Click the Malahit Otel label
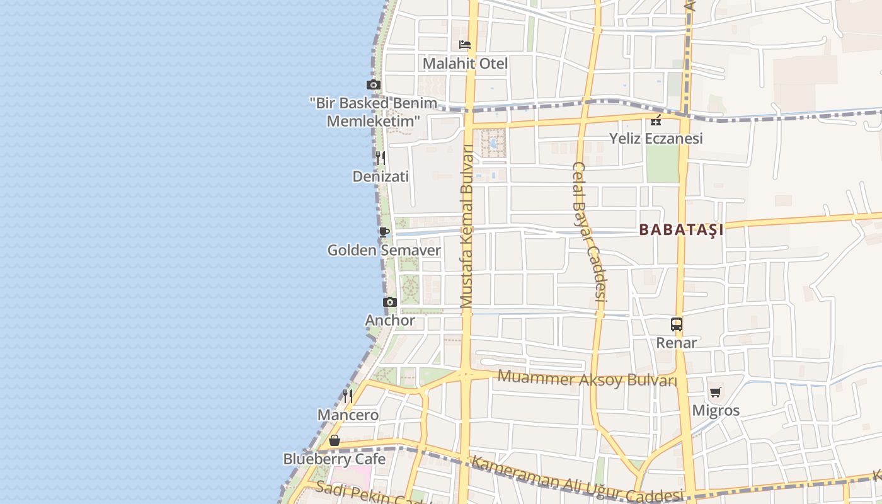point(465,64)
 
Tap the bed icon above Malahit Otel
point(465,45)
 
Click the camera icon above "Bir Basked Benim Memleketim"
point(374,85)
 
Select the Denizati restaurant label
point(381,176)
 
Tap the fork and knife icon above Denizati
point(381,157)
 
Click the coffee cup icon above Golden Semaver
point(384,232)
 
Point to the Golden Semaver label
point(384,250)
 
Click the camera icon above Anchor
point(390,302)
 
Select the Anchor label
point(390,320)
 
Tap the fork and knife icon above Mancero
point(348,396)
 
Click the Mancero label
point(348,415)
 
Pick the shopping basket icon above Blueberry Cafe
point(335,440)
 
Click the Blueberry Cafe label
point(335,459)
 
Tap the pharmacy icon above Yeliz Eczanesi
point(656,120)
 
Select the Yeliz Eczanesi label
point(656,139)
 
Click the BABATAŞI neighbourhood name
point(681,230)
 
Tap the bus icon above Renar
point(677,324)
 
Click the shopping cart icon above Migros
point(715,392)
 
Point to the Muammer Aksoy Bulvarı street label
point(587,379)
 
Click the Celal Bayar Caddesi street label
point(589,239)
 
